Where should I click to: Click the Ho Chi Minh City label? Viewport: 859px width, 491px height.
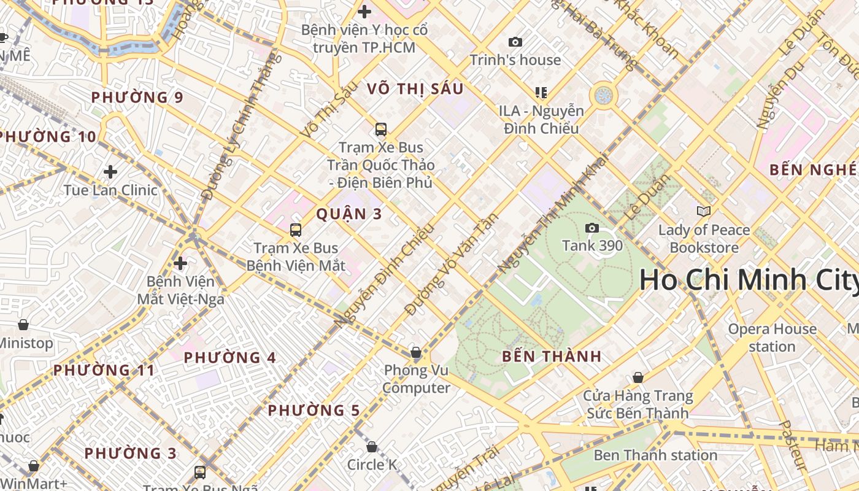click(749, 280)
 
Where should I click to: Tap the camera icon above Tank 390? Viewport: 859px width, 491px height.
click(592, 228)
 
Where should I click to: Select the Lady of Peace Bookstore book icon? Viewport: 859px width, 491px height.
click(704, 211)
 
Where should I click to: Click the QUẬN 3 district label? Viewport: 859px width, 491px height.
click(349, 214)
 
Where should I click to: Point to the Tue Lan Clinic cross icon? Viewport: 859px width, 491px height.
click(110, 172)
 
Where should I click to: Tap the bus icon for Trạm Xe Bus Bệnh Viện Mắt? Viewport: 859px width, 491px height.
click(296, 230)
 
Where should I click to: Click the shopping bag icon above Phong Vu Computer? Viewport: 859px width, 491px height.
click(416, 352)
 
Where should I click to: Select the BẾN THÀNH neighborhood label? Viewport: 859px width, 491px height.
click(552, 357)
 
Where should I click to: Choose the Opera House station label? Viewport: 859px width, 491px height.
click(772, 338)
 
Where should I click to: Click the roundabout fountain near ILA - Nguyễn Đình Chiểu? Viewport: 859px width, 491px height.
click(604, 95)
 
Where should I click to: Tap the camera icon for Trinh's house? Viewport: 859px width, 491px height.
click(515, 42)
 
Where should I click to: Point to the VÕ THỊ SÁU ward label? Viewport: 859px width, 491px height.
click(415, 89)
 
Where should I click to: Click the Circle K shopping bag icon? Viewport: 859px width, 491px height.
click(372, 447)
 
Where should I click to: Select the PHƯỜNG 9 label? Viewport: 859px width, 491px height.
click(137, 98)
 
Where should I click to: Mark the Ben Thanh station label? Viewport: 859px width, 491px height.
click(655, 455)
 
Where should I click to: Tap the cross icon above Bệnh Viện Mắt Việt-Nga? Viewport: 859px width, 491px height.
click(180, 264)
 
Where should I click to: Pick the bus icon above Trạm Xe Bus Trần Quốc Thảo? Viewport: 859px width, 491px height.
click(381, 130)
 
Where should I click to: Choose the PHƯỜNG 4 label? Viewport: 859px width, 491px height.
click(230, 358)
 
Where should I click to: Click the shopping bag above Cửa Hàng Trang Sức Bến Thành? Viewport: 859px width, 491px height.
click(638, 377)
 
